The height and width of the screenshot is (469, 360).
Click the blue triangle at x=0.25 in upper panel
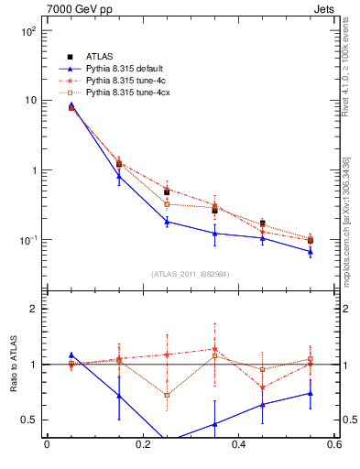[x=167, y=222]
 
